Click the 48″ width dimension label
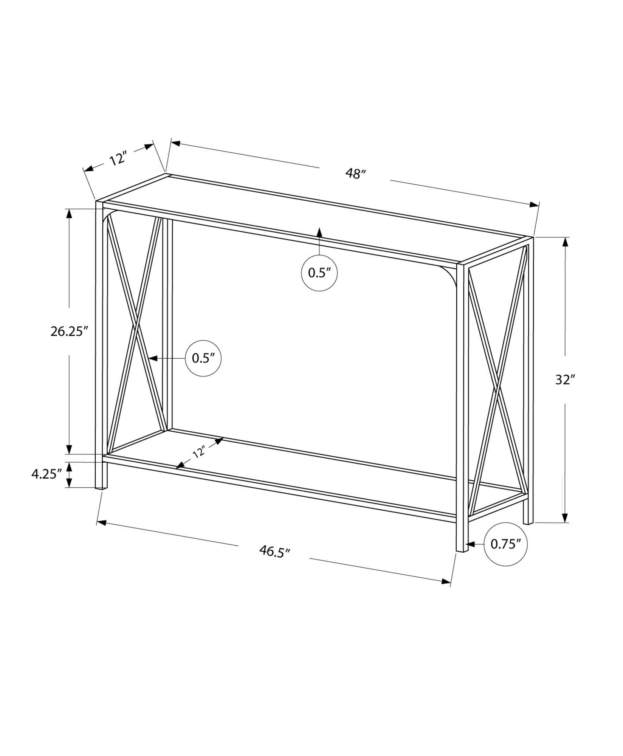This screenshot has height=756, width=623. point(356,174)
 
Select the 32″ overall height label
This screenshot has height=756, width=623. point(565,380)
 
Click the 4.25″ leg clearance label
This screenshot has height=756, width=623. point(46,474)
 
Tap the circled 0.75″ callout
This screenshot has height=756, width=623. point(505,544)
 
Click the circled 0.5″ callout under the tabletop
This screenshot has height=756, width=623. point(319,273)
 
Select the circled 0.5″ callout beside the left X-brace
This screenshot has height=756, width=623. point(203,358)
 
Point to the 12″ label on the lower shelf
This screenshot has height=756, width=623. point(198,452)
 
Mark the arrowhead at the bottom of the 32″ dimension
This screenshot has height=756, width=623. point(565,518)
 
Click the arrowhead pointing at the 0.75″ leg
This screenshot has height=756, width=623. point(471,544)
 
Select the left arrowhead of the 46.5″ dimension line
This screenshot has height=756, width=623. point(101,522)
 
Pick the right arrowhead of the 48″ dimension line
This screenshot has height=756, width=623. point(534,205)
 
